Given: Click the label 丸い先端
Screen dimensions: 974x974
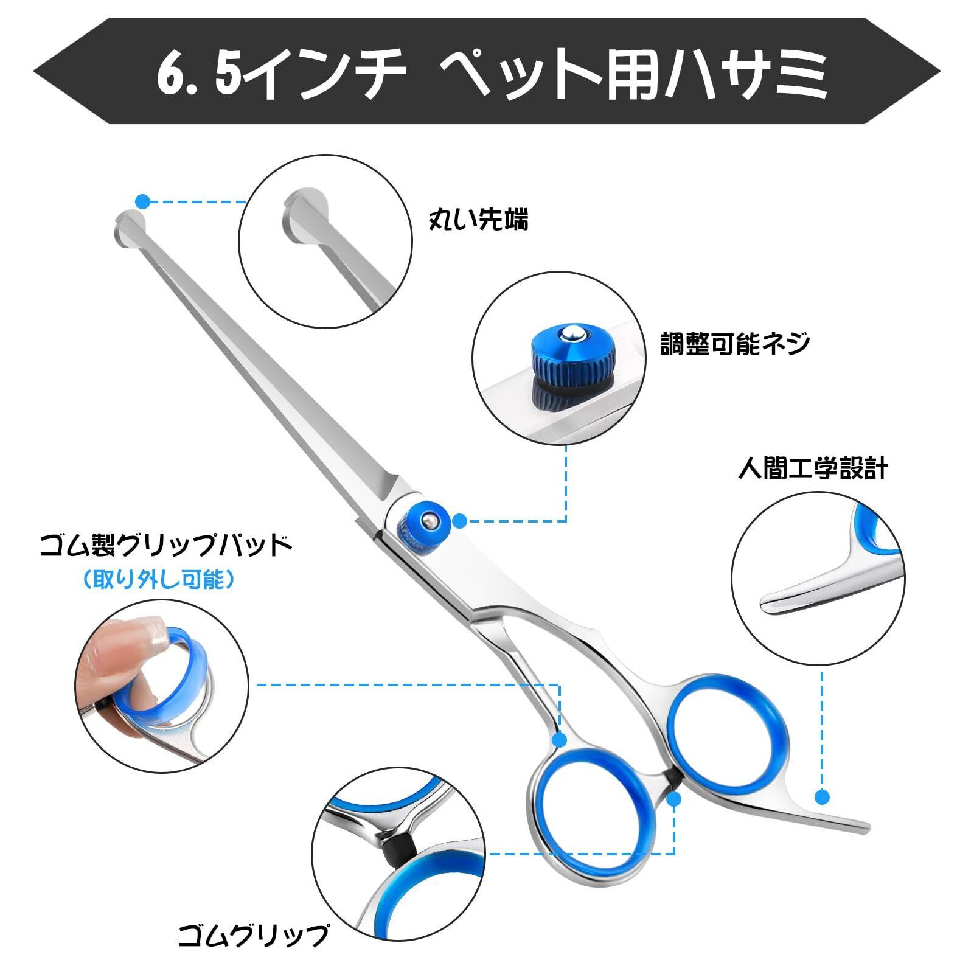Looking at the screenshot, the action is (x=478, y=220).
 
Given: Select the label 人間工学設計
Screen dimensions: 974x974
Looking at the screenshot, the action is (x=813, y=468).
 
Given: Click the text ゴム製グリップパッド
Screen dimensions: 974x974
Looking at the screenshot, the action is (x=166, y=546).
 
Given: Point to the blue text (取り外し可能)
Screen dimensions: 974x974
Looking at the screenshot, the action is (x=159, y=580).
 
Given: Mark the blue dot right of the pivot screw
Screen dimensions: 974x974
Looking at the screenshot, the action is (x=460, y=520).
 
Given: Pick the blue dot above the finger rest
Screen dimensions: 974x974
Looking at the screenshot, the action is (x=823, y=797).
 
